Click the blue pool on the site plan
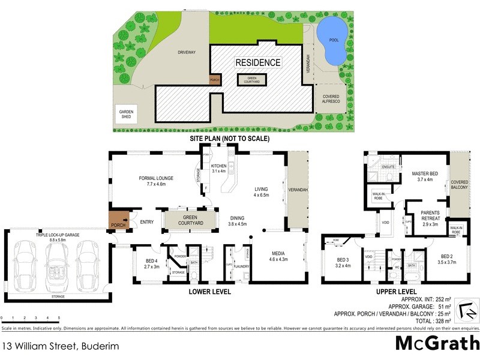[x=332, y=41]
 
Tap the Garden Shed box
[x=126, y=115]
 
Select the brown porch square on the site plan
[x=214, y=79]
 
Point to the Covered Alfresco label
[x=331, y=100]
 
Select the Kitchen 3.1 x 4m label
[x=218, y=168]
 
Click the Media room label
[x=278, y=256]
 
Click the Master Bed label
[x=424, y=176]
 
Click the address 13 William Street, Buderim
[x=52, y=346]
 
